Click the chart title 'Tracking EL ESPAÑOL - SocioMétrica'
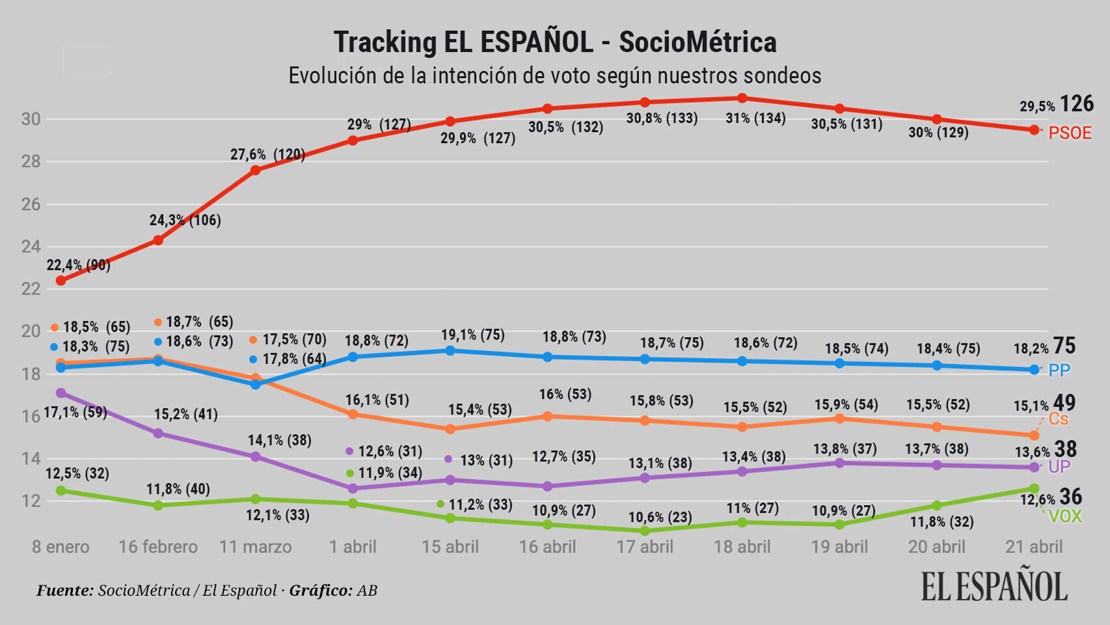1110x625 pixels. (554, 42)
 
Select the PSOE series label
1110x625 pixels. (1070, 133)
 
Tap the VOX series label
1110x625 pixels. (1065, 517)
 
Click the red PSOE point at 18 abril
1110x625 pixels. (742, 98)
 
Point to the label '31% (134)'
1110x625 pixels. (755, 118)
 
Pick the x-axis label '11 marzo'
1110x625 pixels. (255, 547)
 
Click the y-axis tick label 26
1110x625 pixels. (31, 204)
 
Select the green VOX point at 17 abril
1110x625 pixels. (645, 531)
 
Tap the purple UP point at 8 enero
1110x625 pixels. (61, 393)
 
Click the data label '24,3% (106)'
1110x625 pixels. (185, 220)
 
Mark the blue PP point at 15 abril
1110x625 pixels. (450, 350)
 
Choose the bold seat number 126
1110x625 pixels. (1077, 104)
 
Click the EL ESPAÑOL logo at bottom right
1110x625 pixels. (994, 586)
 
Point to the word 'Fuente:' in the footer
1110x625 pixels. (65, 590)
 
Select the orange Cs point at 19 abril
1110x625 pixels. (839, 419)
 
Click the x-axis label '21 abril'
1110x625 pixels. (1033, 547)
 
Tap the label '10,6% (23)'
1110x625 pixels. (660, 518)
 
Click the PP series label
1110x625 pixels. (1059, 370)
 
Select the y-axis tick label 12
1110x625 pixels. (31, 501)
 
